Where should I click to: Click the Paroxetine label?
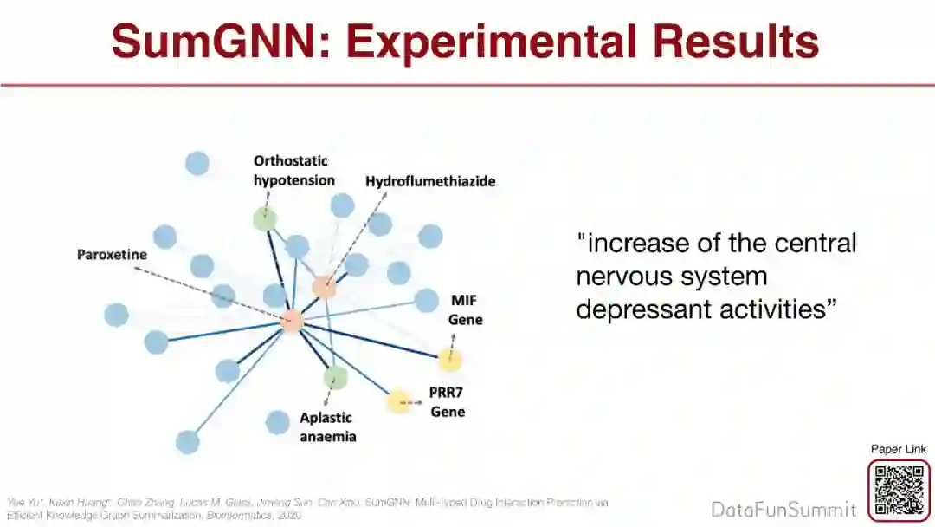point(112,255)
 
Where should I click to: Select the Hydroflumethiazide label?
point(429,181)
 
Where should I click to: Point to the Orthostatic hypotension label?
point(293,171)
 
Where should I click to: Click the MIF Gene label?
point(465,309)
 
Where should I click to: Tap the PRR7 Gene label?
point(447,401)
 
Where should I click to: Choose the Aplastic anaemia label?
point(327,427)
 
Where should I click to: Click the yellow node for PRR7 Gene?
point(399,401)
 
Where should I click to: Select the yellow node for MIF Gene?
point(449,359)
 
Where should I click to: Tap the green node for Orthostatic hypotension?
point(265,219)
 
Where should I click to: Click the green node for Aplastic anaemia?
point(335,377)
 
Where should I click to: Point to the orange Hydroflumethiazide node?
point(324,288)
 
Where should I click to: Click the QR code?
point(899,491)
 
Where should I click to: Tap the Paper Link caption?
point(899,449)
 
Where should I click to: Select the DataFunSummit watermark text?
point(783,510)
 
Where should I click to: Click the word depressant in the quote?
point(638,309)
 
